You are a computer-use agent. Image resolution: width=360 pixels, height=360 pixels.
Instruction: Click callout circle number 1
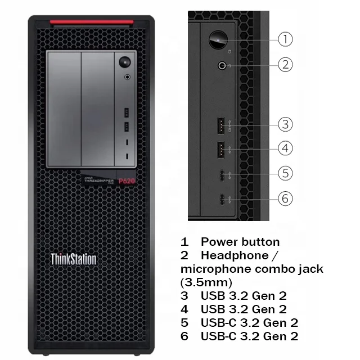(x=286, y=39)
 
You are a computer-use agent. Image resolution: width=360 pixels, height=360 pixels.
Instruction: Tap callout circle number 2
(x=286, y=64)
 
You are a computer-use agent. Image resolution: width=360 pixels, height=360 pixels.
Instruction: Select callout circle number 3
(x=286, y=124)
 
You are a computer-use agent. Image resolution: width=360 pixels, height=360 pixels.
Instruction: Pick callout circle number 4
(x=286, y=148)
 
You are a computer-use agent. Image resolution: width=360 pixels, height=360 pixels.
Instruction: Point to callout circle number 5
(x=286, y=173)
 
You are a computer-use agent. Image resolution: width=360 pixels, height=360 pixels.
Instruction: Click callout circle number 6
(x=286, y=198)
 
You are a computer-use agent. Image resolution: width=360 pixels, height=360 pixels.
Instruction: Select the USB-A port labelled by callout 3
(x=220, y=124)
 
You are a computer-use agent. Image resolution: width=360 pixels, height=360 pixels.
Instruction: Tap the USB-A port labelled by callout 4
(x=220, y=149)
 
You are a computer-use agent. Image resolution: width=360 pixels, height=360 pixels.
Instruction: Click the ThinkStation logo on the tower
(x=73, y=259)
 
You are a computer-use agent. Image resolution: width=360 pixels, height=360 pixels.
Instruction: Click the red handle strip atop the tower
(x=91, y=23)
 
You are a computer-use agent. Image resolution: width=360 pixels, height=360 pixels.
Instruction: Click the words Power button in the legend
(x=240, y=242)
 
